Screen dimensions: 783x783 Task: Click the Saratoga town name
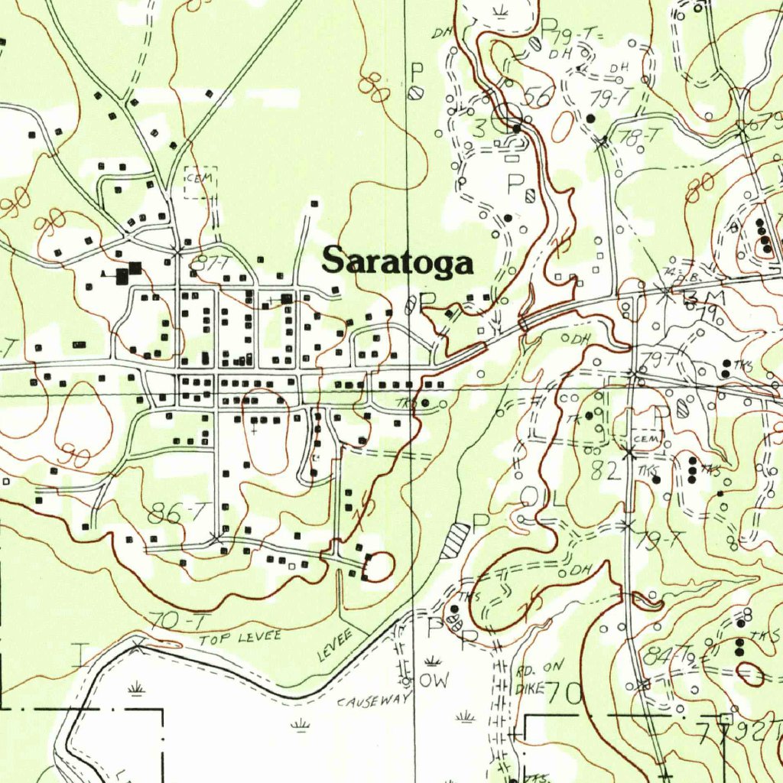(x=397, y=261)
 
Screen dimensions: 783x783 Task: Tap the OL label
(x=544, y=498)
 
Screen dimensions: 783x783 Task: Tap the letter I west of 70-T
(x=80, y=656)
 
